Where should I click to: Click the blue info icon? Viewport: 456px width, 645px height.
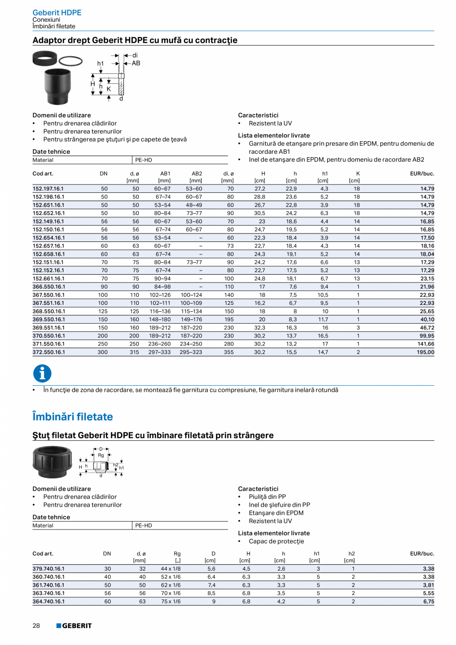click(42, 374)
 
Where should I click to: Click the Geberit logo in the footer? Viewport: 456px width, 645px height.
click(74, 626)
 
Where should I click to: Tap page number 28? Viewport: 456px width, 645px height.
click(36, 626)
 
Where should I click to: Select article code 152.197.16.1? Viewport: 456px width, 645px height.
click(48, 189)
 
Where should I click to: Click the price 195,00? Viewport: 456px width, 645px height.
click(424, 352)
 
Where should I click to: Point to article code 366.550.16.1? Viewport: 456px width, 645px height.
click(48, 287)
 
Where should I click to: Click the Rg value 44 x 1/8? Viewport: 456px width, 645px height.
click(171, 569)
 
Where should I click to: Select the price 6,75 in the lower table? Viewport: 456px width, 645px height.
click(428, 601)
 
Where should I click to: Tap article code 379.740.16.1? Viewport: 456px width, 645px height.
click(48, 569)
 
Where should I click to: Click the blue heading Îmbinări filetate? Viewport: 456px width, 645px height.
click(72, 416)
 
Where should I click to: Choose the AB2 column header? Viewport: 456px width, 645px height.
click(197, 174)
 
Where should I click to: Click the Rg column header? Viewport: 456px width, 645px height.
click(177, 554)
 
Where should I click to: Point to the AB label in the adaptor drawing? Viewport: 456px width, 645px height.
click(136, 63)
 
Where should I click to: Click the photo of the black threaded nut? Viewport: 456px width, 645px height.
click(53, 462)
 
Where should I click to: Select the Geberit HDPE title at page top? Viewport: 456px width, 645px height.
click(57, 12)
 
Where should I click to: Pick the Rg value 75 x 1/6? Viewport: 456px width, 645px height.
click(171, 601)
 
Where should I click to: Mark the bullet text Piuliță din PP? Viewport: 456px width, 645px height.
click(267, 497)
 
